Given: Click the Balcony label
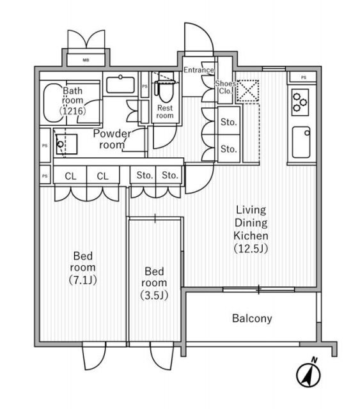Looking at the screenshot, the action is [252, 318].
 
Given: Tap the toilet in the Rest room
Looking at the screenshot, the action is [165, 88].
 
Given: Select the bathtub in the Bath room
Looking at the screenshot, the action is [53, 103].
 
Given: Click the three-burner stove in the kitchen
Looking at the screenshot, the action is [300, 102].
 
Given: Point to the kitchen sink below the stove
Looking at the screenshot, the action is [301, 142].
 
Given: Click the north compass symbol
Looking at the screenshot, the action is [309, 374].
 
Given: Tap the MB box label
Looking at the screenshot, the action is [86, 60].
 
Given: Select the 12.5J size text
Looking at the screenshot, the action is [251, 249].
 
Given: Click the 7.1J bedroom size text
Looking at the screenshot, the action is [82, 280].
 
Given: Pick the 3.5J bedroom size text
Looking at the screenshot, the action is [154, 295].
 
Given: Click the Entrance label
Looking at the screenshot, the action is [199, 70].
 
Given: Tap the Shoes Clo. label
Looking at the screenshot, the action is [225, 88].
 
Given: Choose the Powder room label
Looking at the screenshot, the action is [112, 139].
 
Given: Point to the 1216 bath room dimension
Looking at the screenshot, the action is [72, 111].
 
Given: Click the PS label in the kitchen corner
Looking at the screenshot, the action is [303, 77].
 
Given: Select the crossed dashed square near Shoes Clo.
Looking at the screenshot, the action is [247, 91].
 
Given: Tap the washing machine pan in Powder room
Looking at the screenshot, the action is [67, 144].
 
